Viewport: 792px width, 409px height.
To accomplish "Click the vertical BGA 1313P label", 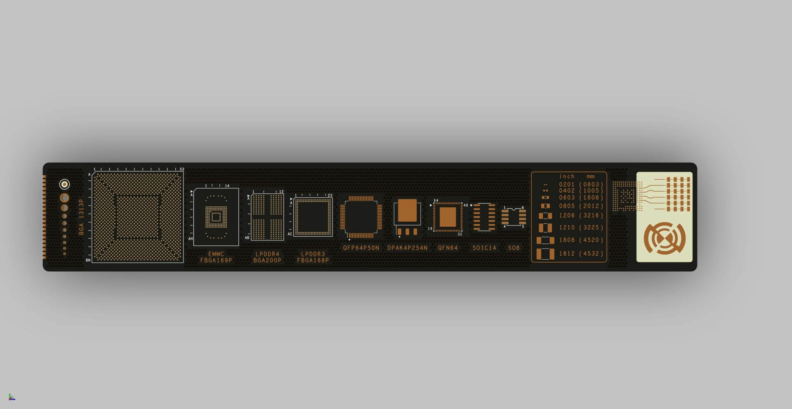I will pyautogui.click(x=81, y=217).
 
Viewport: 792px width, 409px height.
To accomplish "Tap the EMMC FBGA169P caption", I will pyautogui.click(x=216, y=257).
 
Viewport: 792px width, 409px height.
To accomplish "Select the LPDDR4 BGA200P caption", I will pyautogui.click(x=267, y=257).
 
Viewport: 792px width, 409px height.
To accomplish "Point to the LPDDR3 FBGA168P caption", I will pyautogui.click(x=313, y=257).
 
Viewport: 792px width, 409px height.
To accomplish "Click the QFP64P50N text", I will pyautogui.click(x=361, y=248).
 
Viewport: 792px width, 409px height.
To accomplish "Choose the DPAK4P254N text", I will pyautogui.click(x=407, y=248).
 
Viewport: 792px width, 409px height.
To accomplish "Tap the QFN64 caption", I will pyautogui.click(x=448, y=248).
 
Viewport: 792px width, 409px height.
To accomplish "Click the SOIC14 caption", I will pyautogui.click(x=484, y=248).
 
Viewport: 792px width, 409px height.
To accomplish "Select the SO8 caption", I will pyautogui.click(x=514, y=248).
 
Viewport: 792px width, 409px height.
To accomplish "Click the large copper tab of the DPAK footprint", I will pyautogui.click(x=407, y=211).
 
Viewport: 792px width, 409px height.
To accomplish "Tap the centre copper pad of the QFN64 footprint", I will pyautogui.click(x=448, y=217).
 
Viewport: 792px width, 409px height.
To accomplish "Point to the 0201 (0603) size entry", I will pyautogui.click(x=581, y=184).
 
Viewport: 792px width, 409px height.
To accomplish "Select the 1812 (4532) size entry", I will pyautogui.click(x=581, y=254).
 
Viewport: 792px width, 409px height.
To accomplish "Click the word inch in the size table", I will pyautogui.click(x=567, y=176).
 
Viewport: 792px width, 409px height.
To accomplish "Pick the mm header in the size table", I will pyautogui.click(x=591, y=176).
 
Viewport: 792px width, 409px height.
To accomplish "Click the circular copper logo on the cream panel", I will pyautogui.click(x=665, y=238).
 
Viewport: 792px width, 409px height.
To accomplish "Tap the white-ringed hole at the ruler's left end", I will pyautogui.click(x=64, y=184).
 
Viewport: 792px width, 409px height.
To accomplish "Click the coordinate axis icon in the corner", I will pyautogui.click(x=12, y=397).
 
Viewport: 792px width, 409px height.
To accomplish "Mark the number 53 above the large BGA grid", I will pyautogui.click(x=181, y=169).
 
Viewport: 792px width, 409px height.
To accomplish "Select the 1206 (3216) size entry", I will pyautogui.click(x=581, y=216).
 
